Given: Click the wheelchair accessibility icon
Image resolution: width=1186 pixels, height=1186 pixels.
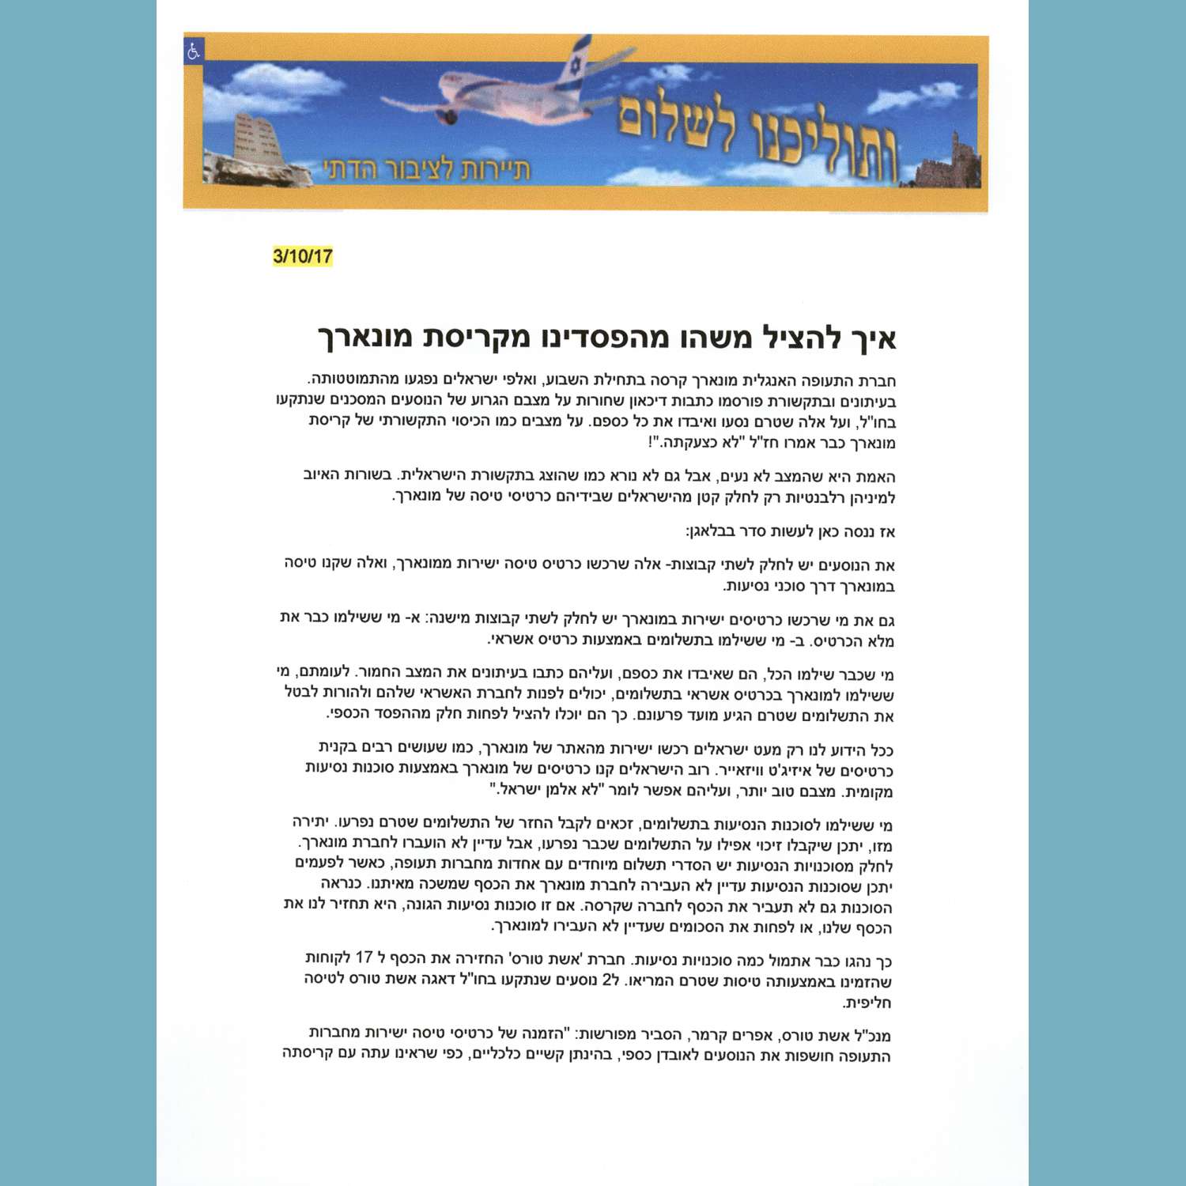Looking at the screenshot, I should point(194,51).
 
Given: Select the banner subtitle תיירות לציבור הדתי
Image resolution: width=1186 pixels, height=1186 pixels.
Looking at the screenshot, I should point(426,168).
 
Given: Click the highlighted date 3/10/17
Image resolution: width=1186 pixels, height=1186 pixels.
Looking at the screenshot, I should point(302,256).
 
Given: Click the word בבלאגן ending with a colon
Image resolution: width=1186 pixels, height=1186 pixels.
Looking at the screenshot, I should point(716,532).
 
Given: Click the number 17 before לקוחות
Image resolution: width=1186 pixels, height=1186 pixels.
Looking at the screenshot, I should point(364,958).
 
